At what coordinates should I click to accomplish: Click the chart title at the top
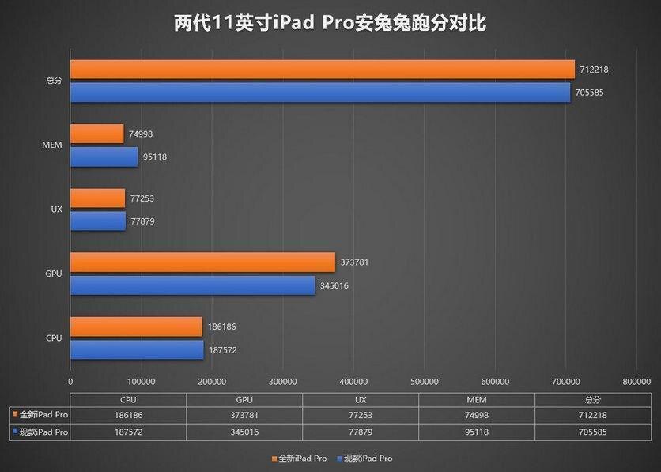coord(330,23)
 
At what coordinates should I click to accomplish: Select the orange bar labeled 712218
coord(322,70)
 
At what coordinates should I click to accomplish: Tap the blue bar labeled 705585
coord(319,93)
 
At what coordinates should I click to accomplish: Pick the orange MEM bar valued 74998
coord(96,134)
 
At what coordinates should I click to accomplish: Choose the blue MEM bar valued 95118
coord(104,157)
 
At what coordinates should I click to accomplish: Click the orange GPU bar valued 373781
coord(202,262)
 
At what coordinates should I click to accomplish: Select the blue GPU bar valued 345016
coord(192,285)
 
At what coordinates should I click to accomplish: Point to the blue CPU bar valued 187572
coord(137,349)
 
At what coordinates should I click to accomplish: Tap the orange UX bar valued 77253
coord(97,198)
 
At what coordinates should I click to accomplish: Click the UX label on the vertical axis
coord(56,210)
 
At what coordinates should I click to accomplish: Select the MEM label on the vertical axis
coord(53,145)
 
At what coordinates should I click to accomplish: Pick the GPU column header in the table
coord(244,400)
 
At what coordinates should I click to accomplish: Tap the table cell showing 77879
coord(360,432)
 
